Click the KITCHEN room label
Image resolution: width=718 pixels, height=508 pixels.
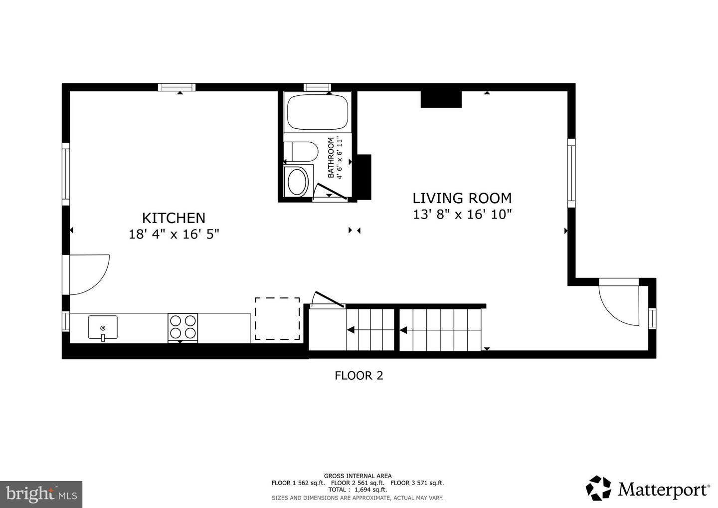174,218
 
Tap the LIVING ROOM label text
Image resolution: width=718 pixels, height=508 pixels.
462,198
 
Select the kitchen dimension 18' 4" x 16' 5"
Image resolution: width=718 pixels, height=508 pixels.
174,234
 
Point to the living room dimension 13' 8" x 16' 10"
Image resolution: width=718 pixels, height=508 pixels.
462,215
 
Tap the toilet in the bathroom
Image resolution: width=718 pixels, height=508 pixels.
302,152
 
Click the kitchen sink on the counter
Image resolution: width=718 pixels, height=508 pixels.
103,327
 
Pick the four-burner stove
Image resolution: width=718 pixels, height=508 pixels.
183,327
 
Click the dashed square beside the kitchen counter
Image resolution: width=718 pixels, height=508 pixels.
278,319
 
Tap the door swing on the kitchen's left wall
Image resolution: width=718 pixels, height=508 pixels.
87,275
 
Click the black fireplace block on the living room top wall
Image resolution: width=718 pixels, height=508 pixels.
441,99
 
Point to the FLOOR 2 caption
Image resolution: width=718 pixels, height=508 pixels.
359,375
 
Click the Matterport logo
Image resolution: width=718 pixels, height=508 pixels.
648,488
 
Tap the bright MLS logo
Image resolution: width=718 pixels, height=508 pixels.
41,494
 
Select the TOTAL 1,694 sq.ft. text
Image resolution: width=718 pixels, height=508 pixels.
358,490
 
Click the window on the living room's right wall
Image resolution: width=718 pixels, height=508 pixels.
571,173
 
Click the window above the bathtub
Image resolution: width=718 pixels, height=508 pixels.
318,87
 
